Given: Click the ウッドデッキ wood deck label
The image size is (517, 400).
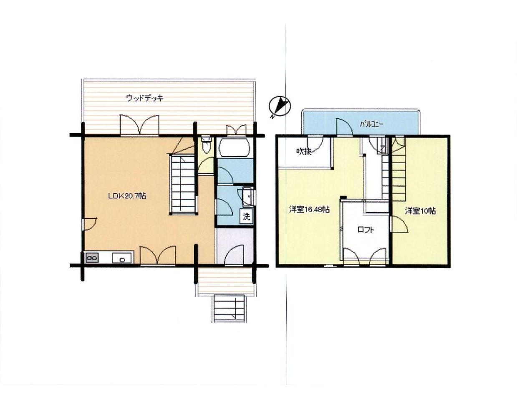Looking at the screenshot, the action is pyautogui.click(x=145, y=98).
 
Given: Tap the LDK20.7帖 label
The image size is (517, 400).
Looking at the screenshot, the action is pyautogui.click(x=127, y=196).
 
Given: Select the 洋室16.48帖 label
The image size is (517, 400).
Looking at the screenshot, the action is pyautogui.click(x=309, y=210).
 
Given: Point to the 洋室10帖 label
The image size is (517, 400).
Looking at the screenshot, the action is pyautogui.click(x=421, y=211).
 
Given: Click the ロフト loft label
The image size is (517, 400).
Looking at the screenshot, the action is pyautogui.click(x=366, y=230).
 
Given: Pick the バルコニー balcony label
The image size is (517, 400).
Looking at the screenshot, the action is pyautogui.click(x=372, y=124).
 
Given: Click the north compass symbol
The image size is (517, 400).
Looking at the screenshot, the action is pyautogui.click(x=280, y=106).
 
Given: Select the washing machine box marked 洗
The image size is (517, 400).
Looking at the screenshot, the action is pyautogui.click(x=247, y=216).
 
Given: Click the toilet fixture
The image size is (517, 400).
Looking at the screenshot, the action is pyautogui.click(x=206, y=144).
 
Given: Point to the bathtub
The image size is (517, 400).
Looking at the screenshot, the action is pyautogui.click(x=235, y=147).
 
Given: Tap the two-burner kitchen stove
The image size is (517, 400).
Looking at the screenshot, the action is pyautogui.click(x=92, y=258).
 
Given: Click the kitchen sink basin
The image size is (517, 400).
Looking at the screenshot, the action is pyautogui.click(x=122, y=258).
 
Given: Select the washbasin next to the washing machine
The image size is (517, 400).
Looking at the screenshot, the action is pyautogui.click(x=248, y=196).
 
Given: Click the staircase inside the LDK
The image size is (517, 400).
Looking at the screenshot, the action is pyautogui.click(x=183, y=184).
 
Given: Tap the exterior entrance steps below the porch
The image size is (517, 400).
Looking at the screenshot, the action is pyautogui.click(x=229, y=309).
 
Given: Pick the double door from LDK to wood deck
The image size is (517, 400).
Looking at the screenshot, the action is pyautogui.click(x=139, y=125).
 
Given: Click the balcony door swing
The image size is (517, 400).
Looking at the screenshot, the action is pyautogui.click(x=344, y=127).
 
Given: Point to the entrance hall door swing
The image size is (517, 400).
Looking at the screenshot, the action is pyautogui.click(x=234, y=255).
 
